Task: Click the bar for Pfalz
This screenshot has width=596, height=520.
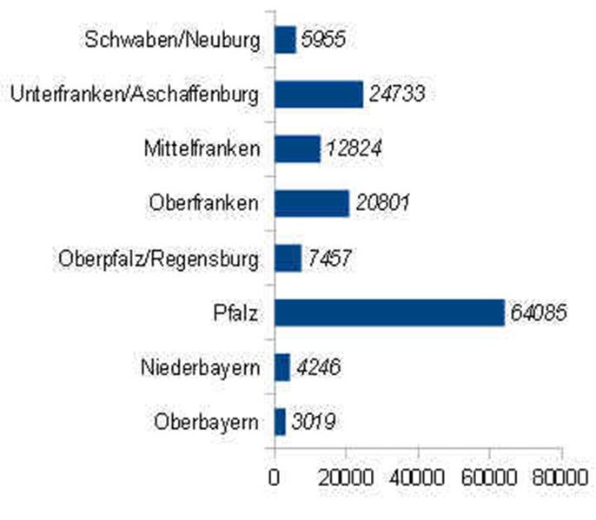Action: (x=389, y=313)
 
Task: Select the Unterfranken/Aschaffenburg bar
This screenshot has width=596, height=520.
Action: (x=318, y=94)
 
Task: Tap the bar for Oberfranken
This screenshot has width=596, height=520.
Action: (x=311, y=203)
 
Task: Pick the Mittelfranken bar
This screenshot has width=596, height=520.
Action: (x=297, y=148)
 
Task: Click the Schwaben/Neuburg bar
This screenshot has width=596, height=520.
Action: (x=285, y=39)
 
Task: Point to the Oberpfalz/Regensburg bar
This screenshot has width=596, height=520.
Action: (x=288, y=258)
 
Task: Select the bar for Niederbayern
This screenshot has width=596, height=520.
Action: (x=282, y=367)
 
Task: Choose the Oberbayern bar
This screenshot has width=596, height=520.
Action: (x=280, y=422)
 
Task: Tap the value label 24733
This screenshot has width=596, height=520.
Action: (x=396, y=94)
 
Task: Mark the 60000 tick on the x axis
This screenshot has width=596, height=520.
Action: (x=490, y=477)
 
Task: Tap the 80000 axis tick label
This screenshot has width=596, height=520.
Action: (x=561, y=477)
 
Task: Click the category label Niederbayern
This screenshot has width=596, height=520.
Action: (x=200, y=367)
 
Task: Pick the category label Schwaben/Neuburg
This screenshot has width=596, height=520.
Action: (x=173, y=39)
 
